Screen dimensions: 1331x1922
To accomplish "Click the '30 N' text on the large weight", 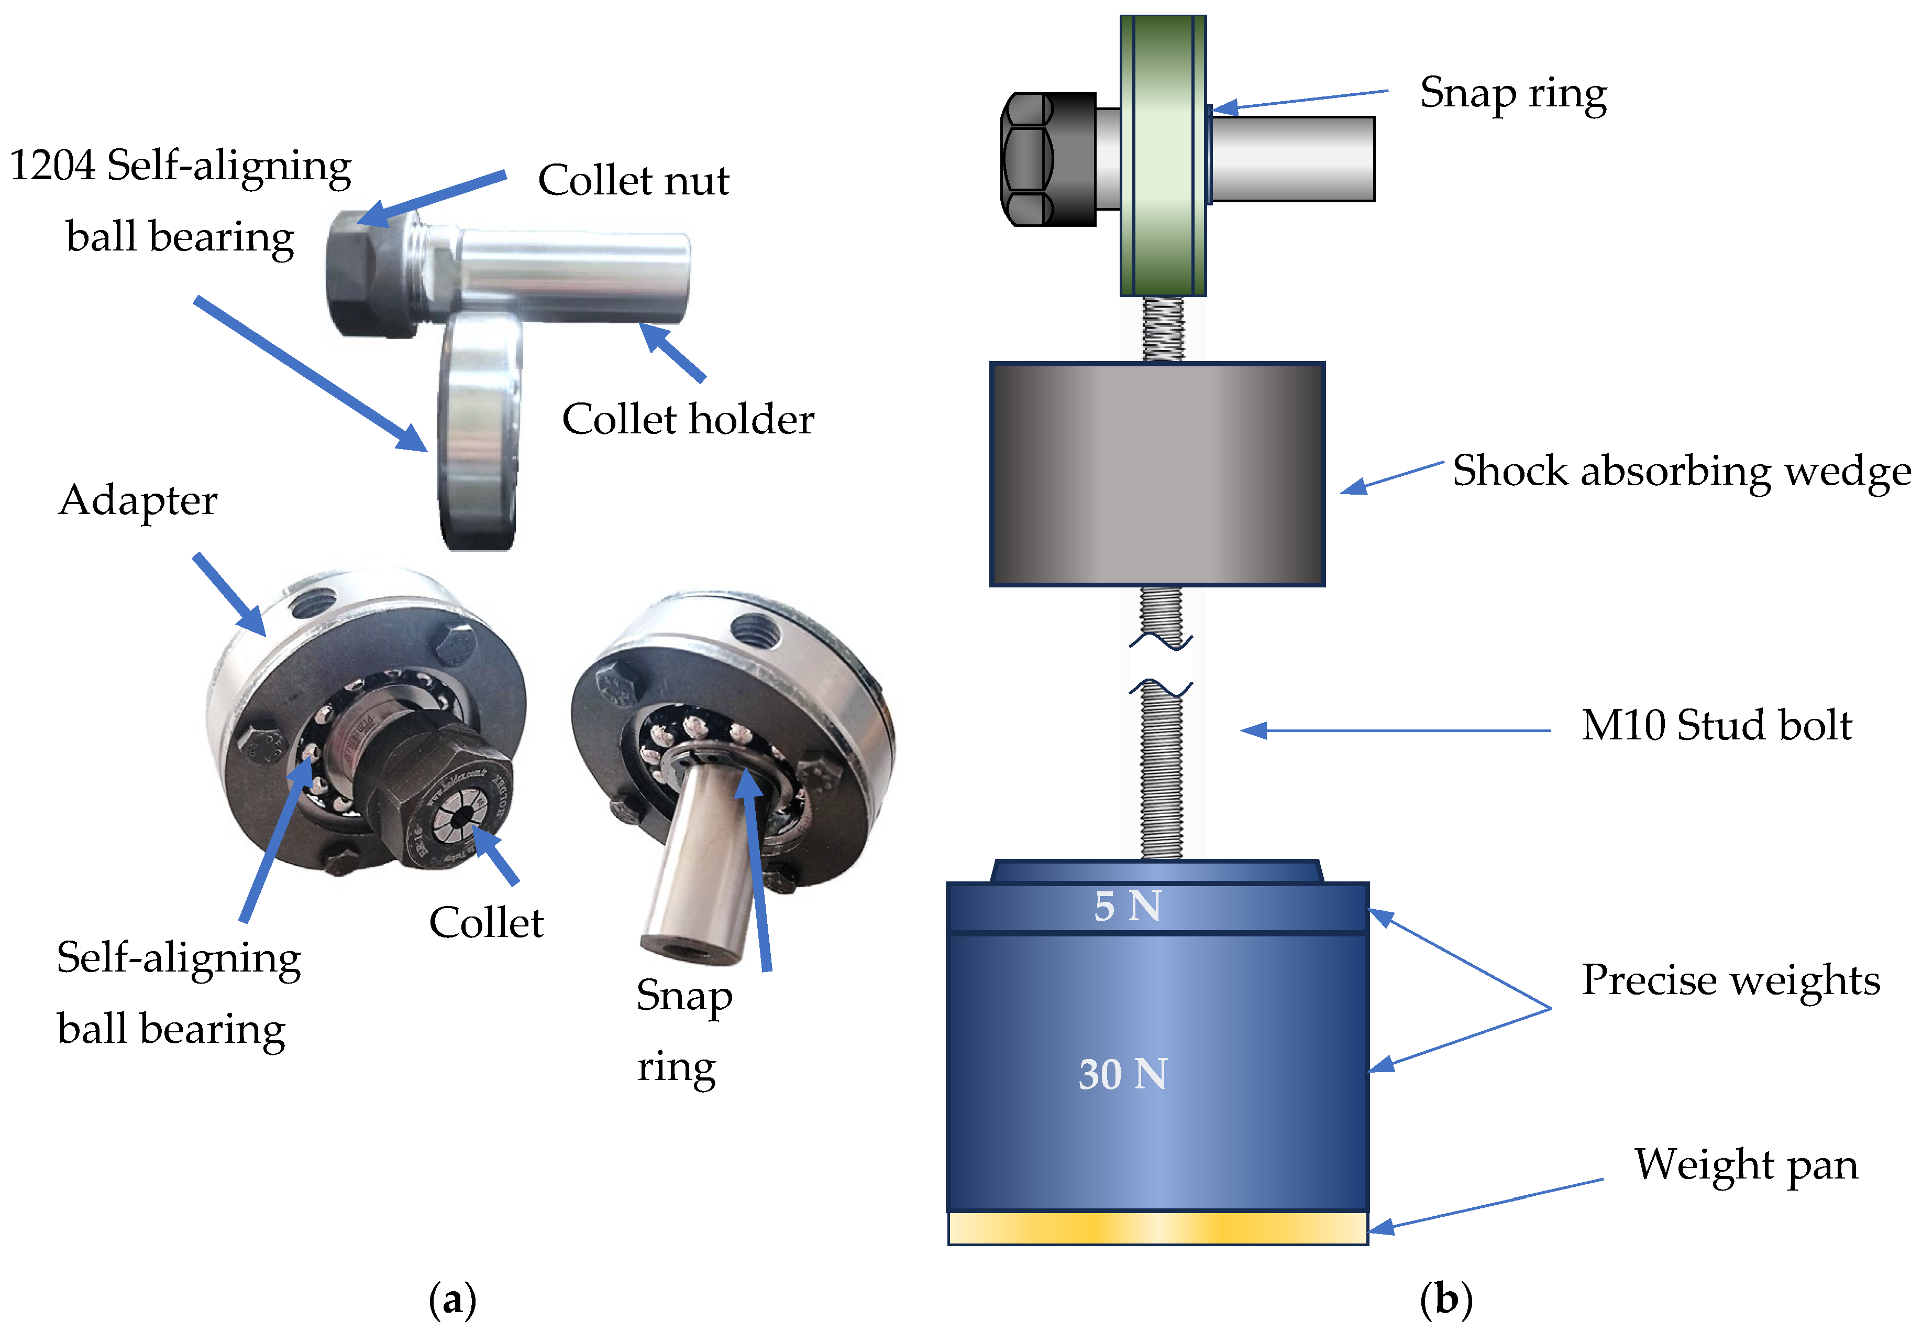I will pos(1123,1074).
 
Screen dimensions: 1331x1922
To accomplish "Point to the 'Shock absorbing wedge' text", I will pos(1681,471).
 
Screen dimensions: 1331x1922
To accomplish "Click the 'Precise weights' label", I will pos(1730,980).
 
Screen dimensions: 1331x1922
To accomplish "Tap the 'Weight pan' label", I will pos(1746,1164).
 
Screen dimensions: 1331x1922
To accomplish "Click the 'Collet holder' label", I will pos(688,419).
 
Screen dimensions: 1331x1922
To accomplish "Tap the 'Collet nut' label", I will pos(634,180).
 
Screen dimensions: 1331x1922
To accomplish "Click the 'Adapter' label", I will pos(138,500).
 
